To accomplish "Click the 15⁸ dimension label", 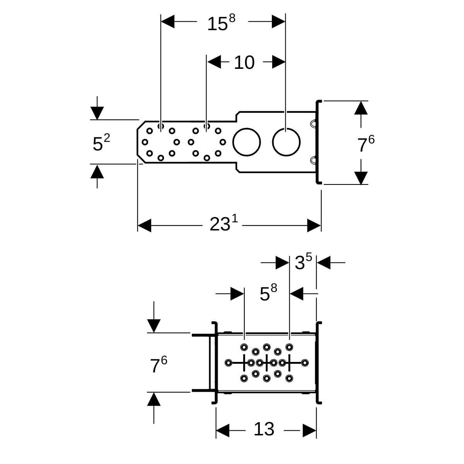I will click(221, 24).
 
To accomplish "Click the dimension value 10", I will click(244, 62).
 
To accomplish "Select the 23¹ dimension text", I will click(223, 224).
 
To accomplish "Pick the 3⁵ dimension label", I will click(303, 263).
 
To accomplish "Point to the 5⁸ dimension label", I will click(268, 293).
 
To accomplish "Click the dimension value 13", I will click(264, 429).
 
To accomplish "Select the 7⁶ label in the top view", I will click(365, 145).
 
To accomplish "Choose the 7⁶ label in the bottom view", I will click(159, 365).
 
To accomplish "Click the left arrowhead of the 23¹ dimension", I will click(144, 225).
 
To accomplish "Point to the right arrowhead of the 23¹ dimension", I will click(314, 225).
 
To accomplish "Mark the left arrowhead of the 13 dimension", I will click(223, 430).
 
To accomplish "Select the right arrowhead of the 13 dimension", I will click(310, 430).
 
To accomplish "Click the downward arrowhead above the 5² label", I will click(97, 113).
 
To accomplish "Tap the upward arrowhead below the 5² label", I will click(97, 171).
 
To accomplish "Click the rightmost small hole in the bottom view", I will click(305, 363).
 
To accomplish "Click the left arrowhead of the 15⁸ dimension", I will click(168, 22).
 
